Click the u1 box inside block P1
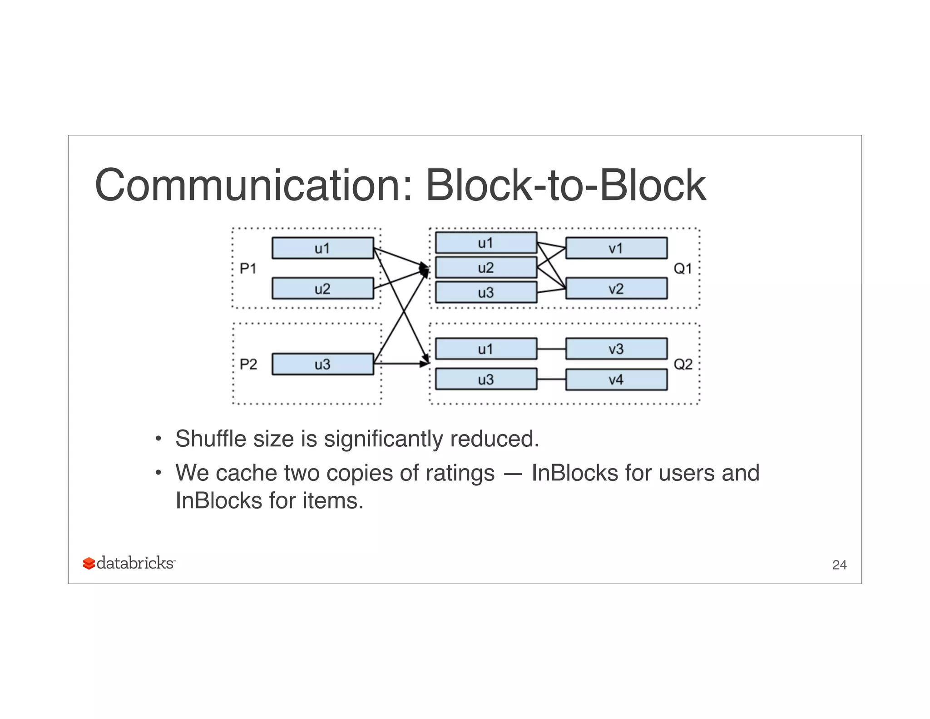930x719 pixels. [x=322, y=248]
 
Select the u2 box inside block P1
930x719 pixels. [x=322, y=289]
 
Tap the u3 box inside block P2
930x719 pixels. [x=322, y=364]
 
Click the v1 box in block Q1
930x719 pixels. [x=616, y=248]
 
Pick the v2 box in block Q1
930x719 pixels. [x=616, y=289]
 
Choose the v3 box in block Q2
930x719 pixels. [x=616, y=349]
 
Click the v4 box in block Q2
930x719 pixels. [x=616, y=379]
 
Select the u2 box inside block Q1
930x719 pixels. [x=486, y=268]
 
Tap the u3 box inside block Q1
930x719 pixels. [x=486, y=292]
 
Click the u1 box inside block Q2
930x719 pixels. [x=486, y=349]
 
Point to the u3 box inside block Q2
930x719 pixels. [x=486, y=379]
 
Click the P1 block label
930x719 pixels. [x=248, y=269]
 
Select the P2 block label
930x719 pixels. [x=248, y=364]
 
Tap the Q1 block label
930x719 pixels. [x=683, y=269]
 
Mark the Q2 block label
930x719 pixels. [x=683, y=364]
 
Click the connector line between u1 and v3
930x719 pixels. [x=551, y=349]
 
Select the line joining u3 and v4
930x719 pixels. [x=551, y=379]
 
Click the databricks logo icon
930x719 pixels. [x=89, y=564]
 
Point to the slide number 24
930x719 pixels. [x=839, y=565]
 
